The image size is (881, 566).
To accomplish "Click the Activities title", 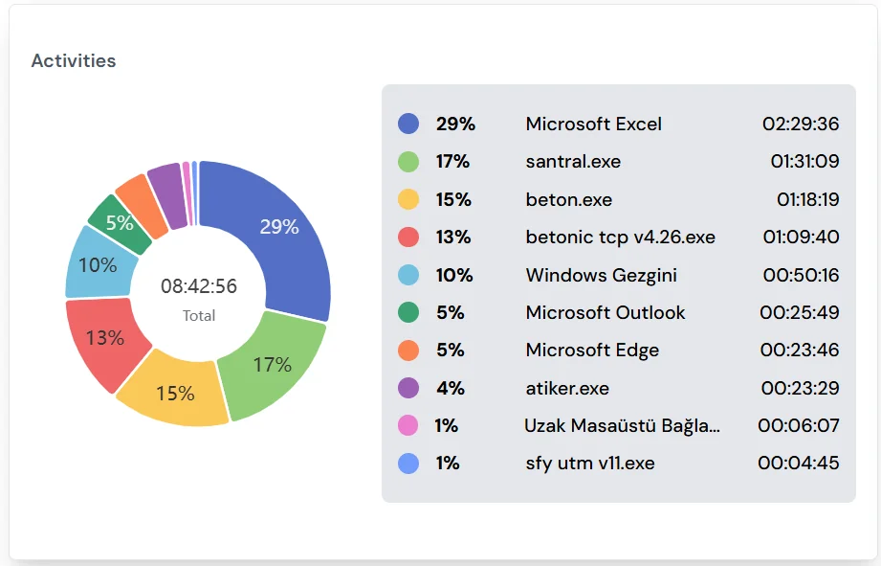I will (x=74, y=60).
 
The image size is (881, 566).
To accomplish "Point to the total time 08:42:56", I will (x=199, y=286).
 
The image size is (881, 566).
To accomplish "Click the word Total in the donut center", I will (x=199, y=315).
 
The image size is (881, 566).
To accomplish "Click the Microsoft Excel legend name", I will (x=593, y=124).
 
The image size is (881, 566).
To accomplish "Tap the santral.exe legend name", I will (x=573, y=162).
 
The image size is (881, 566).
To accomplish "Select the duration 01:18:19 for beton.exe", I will (x=807, y=199).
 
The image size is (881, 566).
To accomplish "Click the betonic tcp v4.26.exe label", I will (x=620, y=237).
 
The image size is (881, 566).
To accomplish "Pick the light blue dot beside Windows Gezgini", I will (x=408, y=275).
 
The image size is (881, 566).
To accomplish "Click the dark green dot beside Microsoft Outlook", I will (x=408, y=312).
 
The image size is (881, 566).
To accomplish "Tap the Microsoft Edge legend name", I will (x=592, y=350).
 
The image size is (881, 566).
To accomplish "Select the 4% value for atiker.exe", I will (x=450, y=388).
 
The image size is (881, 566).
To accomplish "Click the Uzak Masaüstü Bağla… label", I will (x=622, y=425).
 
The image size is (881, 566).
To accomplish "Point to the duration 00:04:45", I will (x=800, y=463).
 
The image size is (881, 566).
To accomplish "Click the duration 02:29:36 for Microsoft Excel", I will (x=800, y=124).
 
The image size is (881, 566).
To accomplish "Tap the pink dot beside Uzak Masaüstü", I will (x=408, y=425).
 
